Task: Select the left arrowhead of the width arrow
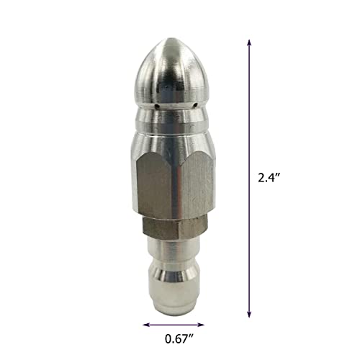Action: [144, 325]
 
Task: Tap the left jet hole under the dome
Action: [156, 109]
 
